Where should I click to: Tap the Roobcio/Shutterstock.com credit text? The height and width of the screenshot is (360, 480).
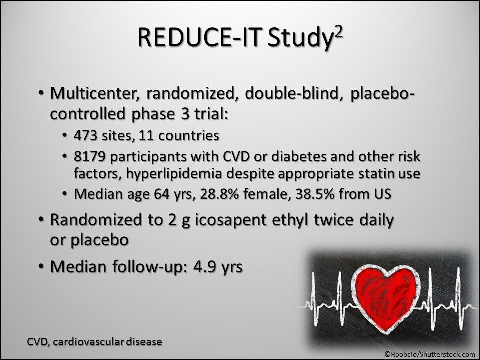430,353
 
